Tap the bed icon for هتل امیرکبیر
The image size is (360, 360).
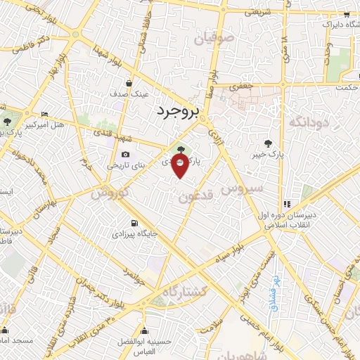(x=45, y=115)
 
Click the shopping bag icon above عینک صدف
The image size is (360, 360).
(x=127, y=82)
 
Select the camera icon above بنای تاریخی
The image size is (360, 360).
(x=125, y=155)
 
